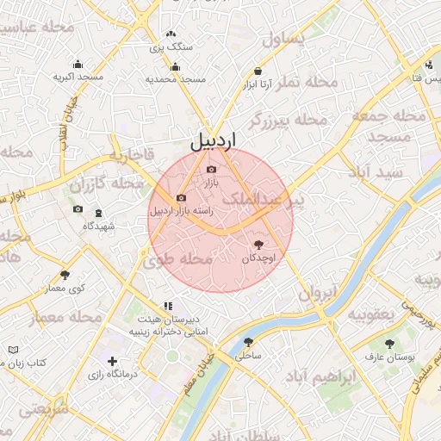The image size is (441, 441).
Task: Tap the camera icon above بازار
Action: coord(212,169)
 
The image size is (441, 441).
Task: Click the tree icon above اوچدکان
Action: coord(260,245)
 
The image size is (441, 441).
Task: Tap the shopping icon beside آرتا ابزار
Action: coord(258,71)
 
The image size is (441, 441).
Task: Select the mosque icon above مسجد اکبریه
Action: coord(78,64)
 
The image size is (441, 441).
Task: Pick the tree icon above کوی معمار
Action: coord(65,276)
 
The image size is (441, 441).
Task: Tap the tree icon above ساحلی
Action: coord(249,343)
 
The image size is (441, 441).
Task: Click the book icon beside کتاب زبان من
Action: coord(13,350)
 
